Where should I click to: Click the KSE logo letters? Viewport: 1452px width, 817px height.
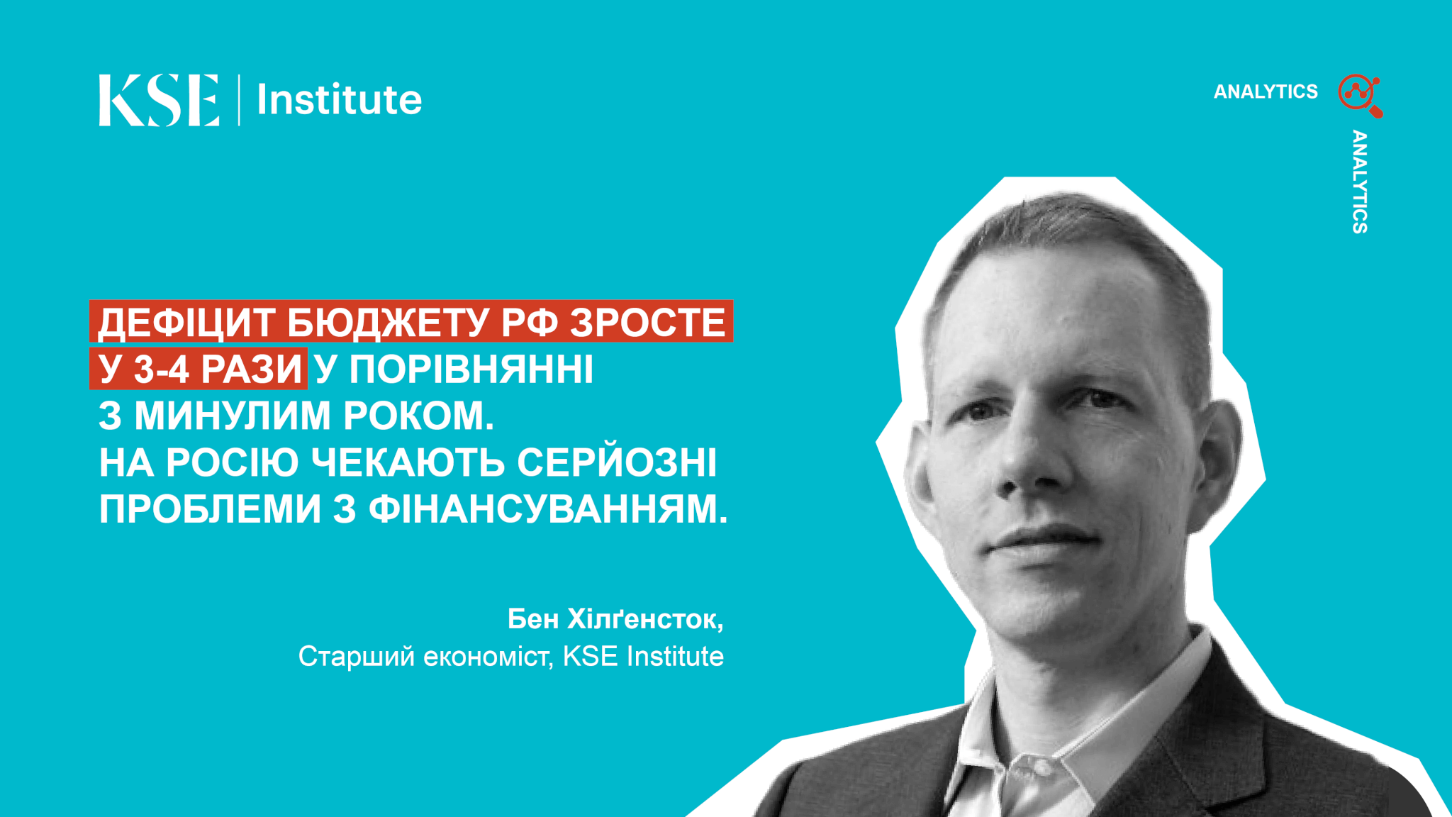point(159,100)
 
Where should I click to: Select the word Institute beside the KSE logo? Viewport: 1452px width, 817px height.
point(339,99)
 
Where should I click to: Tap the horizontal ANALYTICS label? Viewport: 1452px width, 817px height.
point(1266,91)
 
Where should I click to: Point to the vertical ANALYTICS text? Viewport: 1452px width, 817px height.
point(1359,182)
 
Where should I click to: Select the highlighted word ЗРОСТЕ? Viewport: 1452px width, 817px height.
point(647,322)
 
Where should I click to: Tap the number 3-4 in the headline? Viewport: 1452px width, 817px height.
point(160,369)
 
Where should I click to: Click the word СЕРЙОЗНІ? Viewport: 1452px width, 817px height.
point(617,462)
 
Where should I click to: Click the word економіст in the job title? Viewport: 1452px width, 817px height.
point(488,657)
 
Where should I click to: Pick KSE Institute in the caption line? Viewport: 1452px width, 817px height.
point(644,656)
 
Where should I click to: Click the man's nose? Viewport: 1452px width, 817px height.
point(1021,461)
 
